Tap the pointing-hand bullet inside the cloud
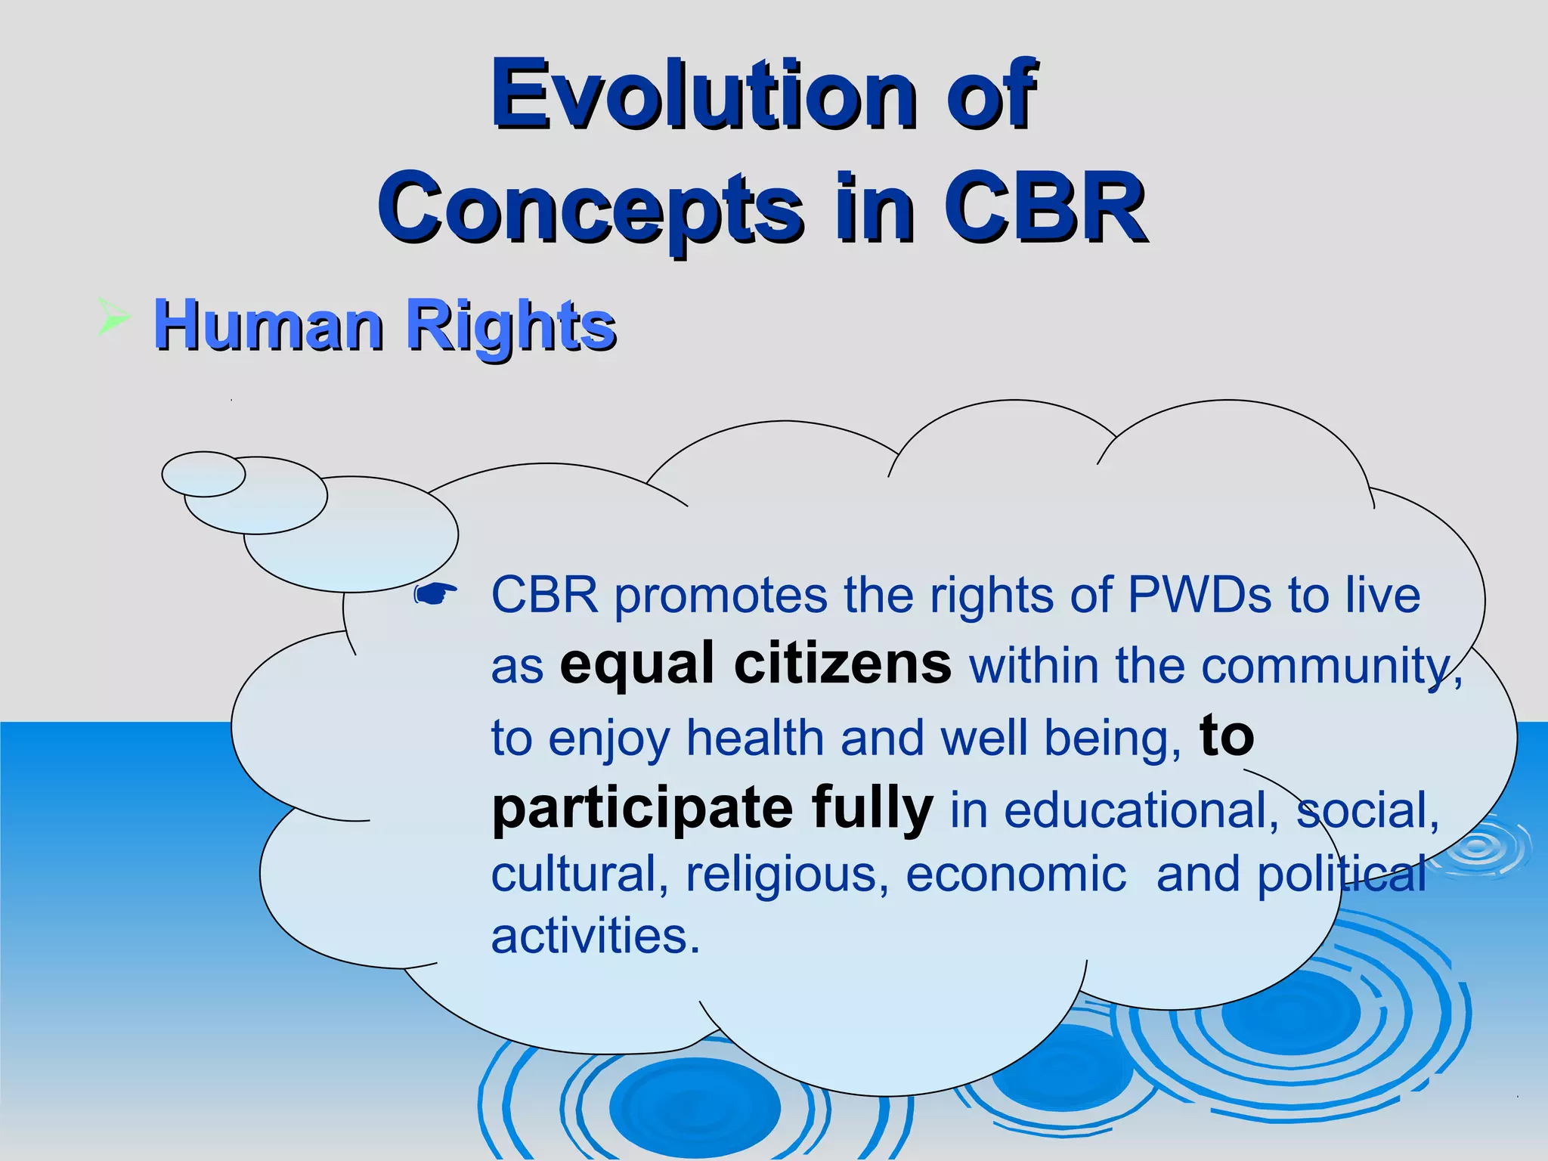[435, 595]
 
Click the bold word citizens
[842, 664]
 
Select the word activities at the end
[595, 937]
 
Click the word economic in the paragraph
[1016, 875]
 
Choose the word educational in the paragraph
[1141, 810]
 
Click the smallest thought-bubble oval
[203, 474]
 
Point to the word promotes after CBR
[721, 596]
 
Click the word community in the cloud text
[1327, 666]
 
